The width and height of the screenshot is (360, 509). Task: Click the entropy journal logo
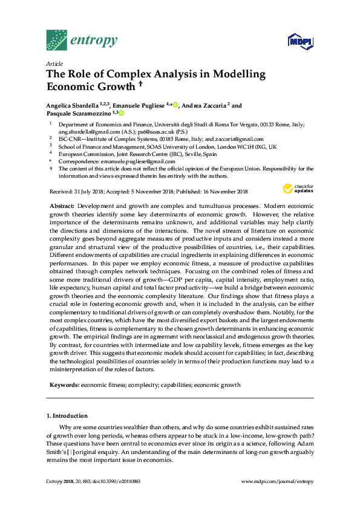(x=81, y=41)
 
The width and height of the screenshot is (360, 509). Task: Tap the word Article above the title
(x=54, y=63)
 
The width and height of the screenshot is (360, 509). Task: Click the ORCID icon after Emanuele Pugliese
(x=176, y=105)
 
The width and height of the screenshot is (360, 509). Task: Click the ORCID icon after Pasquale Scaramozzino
(x=121, y=113)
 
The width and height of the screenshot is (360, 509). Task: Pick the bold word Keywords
(x=64, y=384)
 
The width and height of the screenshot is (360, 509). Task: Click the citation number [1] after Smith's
(x=71, y=453)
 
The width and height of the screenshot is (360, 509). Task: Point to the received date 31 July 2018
(x=90, y=192)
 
